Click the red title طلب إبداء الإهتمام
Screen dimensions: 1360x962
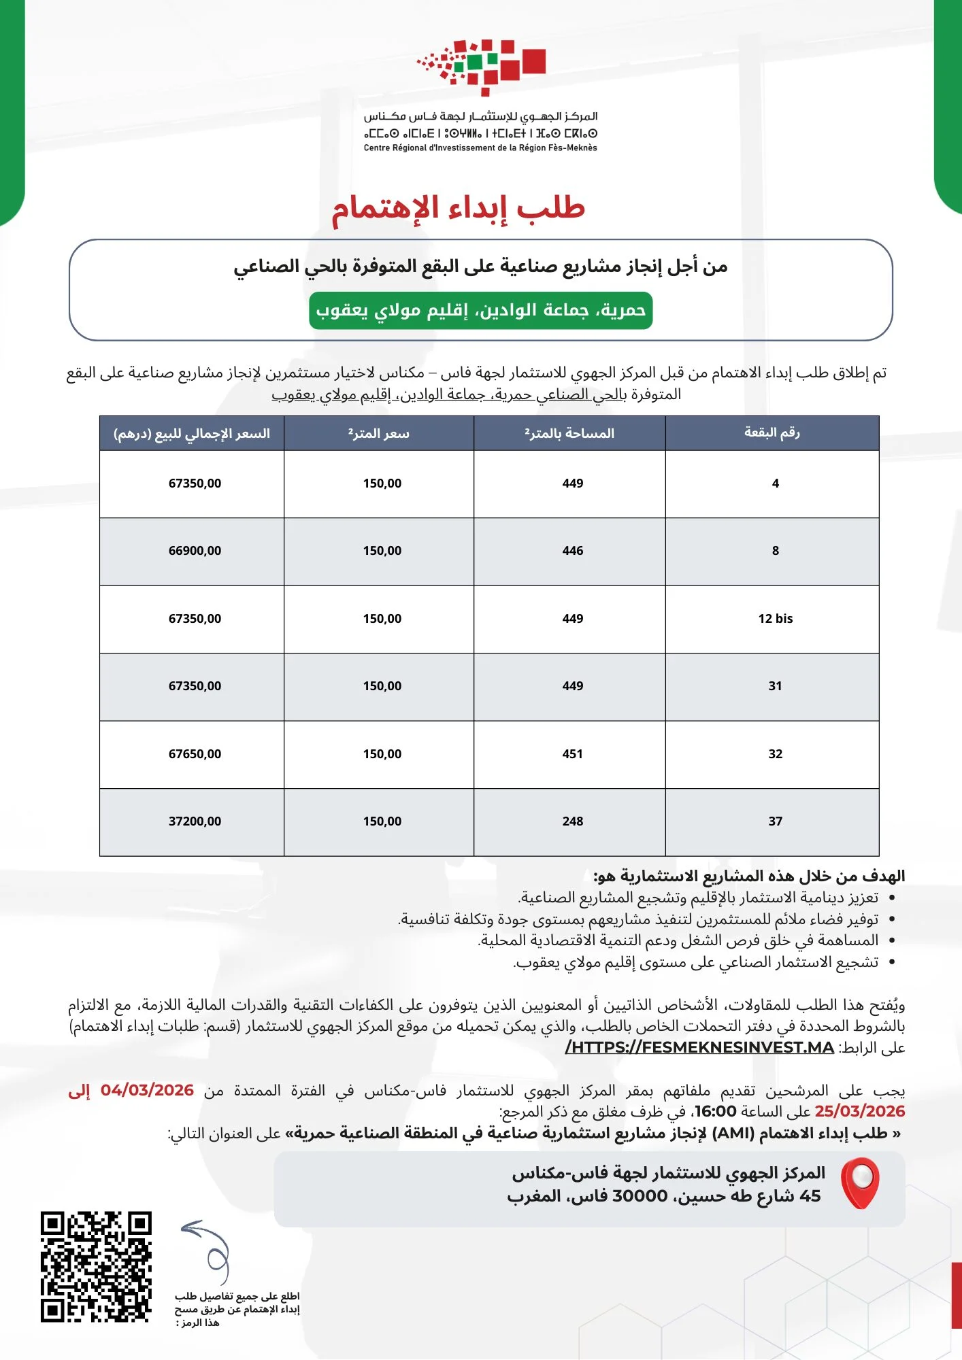pos(458,208)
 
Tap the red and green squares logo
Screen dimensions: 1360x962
pos(482,65)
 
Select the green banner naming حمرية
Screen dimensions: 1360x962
pos(480,311)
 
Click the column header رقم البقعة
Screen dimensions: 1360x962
pos(772,432)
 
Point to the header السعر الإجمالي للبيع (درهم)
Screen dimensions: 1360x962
pos(192,433)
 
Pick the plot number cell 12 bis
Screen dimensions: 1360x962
pos(775,619)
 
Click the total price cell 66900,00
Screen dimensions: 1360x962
pos(195,551)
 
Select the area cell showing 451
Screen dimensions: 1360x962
pos(572,754)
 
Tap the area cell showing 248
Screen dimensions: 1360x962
pos(572,821)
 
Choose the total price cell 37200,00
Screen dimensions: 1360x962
pos(195,821)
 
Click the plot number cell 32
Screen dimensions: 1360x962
pos(775,754)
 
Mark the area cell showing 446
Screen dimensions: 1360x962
pos(572,551)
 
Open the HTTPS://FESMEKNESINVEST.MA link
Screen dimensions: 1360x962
pos(699,1047)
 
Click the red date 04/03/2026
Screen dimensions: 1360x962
pos(147,1091)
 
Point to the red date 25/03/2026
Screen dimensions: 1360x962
pos(859,1112)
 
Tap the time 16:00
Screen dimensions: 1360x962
pos(714,1112)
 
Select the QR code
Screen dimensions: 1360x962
pos(96,1266)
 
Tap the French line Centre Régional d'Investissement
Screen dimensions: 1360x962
pos(480,148)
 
